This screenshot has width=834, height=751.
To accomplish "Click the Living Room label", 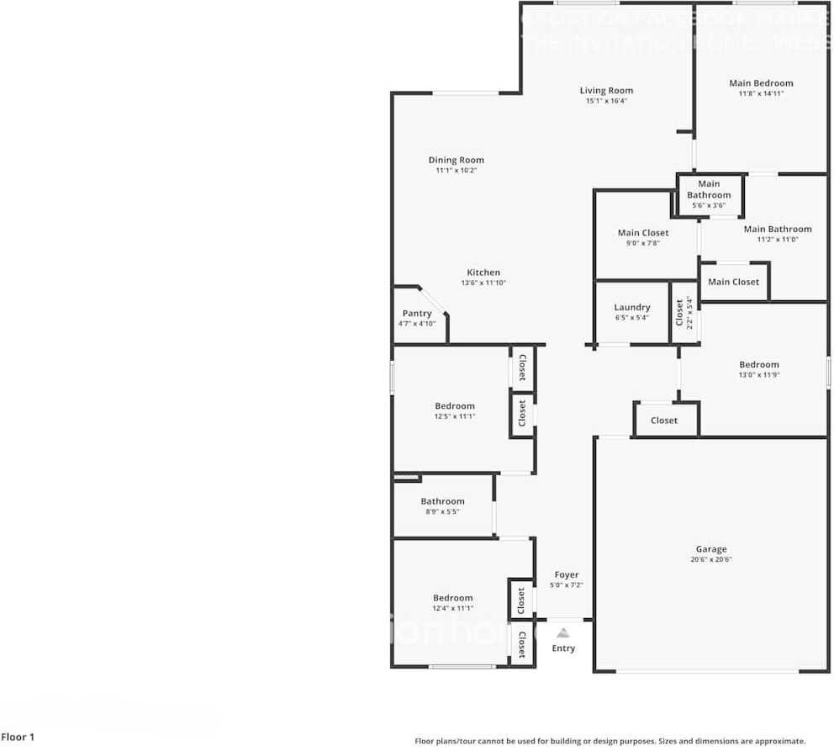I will click(x=606, y=91).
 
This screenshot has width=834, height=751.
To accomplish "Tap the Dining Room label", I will click(x=456, y=160).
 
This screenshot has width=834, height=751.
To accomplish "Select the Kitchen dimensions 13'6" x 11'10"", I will click(x=483, y=283).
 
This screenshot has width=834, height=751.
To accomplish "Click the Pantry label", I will click(x=417, y=314).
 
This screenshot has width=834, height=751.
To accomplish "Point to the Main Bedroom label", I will click(x=761, y=83).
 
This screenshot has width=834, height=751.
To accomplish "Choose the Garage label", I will click(x=711, y=549).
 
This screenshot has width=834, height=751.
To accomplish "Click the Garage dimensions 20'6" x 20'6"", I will click(x=711, y=560).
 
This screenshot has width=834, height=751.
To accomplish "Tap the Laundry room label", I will click(x=632, y=308).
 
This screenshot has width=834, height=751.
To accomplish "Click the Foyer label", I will click(x=567, y=575).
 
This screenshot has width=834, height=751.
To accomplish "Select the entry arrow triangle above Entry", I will click(x=563, y=632).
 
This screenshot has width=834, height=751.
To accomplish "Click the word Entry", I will click(x=563, y=648).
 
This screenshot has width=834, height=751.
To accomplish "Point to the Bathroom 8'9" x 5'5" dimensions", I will click(x=442, y=512).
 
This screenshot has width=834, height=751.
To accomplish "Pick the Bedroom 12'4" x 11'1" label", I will click(x=453, y=598).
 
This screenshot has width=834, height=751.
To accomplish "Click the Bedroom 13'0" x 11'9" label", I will click(x=759, y=365).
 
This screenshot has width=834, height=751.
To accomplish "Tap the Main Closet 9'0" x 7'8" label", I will click(x=643, y=233).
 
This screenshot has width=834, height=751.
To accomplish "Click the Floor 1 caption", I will click(x=18, y=738).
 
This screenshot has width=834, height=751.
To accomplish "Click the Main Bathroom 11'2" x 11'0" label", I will click(x=778, y=229).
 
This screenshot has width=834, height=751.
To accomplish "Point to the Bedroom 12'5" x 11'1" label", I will click(x=455, y=406).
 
